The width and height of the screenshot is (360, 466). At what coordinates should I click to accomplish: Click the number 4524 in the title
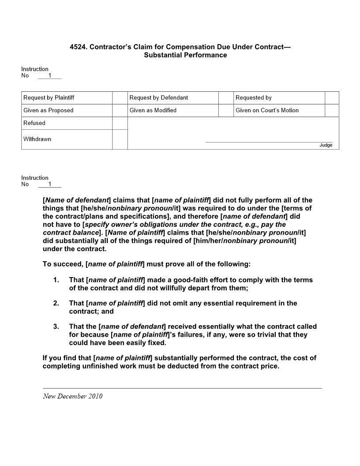[x=78, y=47]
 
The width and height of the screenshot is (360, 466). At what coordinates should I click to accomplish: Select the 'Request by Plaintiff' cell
[x=49, y=98]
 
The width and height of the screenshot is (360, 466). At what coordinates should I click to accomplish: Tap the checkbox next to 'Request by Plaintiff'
[x=120, y=98]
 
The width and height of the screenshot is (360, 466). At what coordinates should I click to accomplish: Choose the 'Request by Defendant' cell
[x=159, y=98]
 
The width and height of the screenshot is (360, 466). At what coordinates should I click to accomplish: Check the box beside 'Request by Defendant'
[x=226, y=98]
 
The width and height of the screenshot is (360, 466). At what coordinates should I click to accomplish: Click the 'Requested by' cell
[x=254, y=98]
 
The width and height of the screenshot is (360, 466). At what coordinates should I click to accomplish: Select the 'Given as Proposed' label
[x=49, y=110]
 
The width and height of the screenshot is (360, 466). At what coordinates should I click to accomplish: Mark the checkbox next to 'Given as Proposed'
[x=120, y=110]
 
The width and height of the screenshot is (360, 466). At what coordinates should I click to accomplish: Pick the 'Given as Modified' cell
[x=153, y=110]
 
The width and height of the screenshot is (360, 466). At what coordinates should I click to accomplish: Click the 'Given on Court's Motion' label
[x=267, y=110]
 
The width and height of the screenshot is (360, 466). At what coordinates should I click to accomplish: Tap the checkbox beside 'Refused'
[x=120, y=123]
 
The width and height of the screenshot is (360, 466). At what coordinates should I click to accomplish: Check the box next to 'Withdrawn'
[x=120, y=139]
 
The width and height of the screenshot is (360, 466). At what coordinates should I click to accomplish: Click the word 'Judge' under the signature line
[x=326, y=145]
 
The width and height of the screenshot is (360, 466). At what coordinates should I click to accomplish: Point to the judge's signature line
[x=269, y=142]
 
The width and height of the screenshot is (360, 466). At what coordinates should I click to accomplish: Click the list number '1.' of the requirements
[x=56, y=280]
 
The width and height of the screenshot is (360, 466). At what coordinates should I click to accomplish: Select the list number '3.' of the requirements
[x=56, y=327]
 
